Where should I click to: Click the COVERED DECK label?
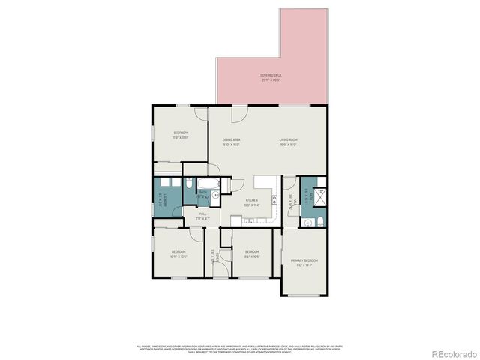click(x=271, y=76)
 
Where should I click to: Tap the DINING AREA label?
click(x=231, y=142)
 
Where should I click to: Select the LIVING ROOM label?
click(x=289, y=142)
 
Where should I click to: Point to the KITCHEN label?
click(x=250, y=201)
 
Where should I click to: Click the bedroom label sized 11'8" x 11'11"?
click(x=180, y=135)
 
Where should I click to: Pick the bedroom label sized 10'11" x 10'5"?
click(x=178, y=253)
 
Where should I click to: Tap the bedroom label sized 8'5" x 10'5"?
click(x=251, y=253)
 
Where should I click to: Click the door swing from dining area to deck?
click(x=238, y=115)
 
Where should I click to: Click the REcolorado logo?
click(x=448, y=352)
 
